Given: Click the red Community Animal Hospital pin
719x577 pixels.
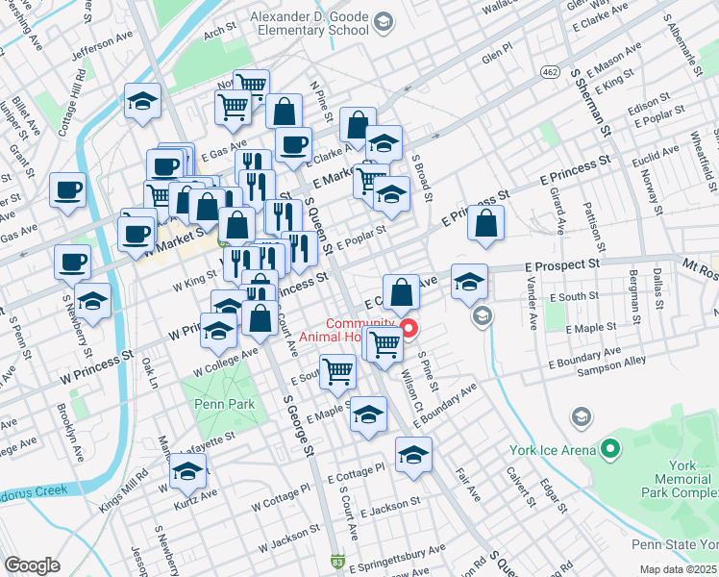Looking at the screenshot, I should (x=408, y=329).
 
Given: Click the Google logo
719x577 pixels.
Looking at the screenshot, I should (x=32, y=565).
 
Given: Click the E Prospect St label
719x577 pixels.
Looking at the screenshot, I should (x=562, y=263).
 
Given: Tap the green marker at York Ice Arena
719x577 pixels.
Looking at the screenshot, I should (x=610, y=449).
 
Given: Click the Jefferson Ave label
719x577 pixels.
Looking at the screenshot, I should (x=101, y=43).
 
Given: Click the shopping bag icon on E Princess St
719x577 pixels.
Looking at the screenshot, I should (x=487, y=224).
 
